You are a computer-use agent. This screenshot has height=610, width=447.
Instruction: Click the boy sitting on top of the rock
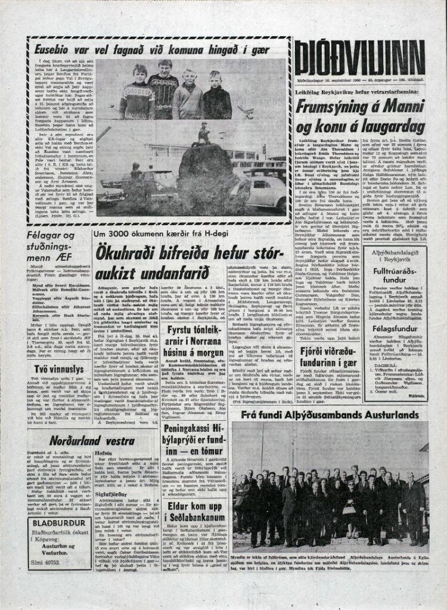[204, 132]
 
